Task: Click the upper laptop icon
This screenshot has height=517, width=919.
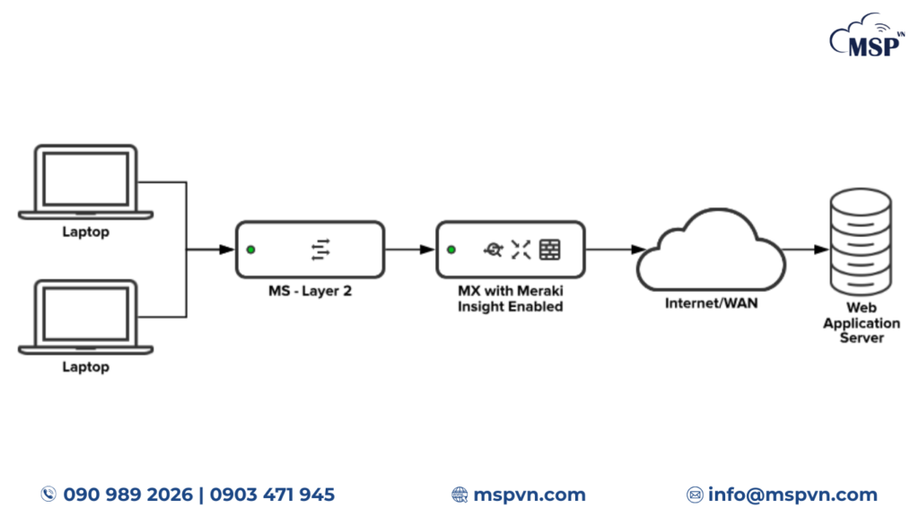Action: click(x=85, y=181)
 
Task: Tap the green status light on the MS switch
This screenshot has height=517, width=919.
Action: click(x=252, y=250)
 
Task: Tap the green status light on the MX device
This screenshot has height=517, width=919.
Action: click(x=451, y=250)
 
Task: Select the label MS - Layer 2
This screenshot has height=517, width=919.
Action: click(x=310, y=291)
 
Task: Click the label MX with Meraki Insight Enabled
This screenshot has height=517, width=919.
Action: click(x=510, y=299)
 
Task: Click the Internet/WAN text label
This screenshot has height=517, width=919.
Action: click(x=711, y=303)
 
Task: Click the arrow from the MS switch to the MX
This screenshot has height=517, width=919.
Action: click(x=410, y=250)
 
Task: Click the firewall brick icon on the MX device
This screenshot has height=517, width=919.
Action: click(x=550, y=250)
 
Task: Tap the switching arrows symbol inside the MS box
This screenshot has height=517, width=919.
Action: click(x=320, y=250)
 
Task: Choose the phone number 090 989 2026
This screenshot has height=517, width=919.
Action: click(x=127, y=495)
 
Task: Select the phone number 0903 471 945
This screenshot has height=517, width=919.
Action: click(x=272, y=495)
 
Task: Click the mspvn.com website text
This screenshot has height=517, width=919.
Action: click(x=530, y=495)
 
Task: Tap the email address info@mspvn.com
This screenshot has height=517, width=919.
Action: click(x=792, y=495)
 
